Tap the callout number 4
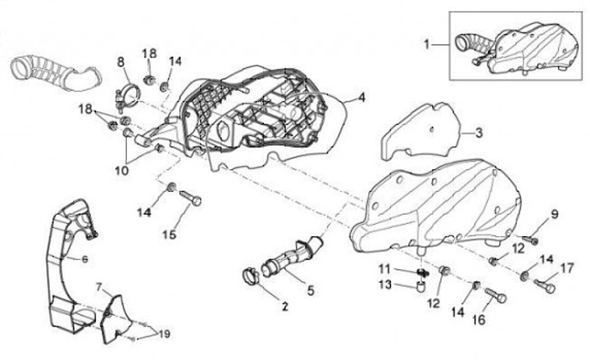point(361,98)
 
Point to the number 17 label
point(565,267)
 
